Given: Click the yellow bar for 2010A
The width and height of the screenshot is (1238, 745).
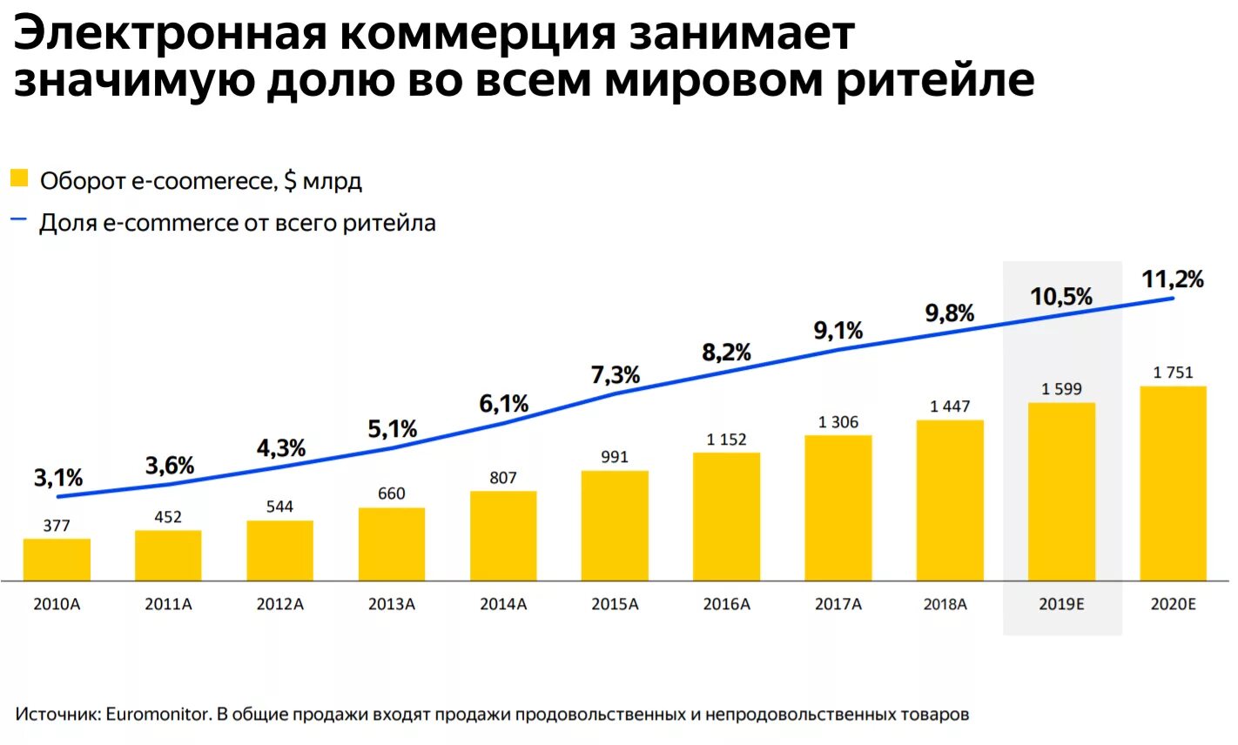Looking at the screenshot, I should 57,560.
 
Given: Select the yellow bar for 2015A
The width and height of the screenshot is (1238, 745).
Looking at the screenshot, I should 615,526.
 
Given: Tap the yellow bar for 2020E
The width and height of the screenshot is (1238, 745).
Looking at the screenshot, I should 1173,483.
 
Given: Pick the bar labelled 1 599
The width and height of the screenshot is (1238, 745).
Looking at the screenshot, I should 1061,492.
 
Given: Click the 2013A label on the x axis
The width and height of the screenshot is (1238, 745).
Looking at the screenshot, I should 392,604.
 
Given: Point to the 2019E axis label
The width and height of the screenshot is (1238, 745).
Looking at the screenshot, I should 1061,604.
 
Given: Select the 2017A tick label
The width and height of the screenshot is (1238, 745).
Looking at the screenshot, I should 838,604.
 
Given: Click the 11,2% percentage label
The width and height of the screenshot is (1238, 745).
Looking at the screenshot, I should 1172,279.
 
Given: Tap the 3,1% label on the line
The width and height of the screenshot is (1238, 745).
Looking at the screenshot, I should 58,478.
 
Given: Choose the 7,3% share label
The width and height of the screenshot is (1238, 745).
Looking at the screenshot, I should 616,375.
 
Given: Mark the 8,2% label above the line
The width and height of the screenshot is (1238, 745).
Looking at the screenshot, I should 726,352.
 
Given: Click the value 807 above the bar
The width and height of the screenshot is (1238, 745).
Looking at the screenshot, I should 503,478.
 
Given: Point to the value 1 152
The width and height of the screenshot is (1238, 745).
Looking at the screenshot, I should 726,440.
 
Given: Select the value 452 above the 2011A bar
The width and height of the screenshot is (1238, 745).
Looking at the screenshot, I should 168,517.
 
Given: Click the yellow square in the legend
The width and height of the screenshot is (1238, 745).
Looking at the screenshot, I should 19,178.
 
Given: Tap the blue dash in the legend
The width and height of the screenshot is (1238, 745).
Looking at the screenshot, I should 19,220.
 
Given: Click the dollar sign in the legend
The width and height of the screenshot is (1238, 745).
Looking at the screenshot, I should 290,181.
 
